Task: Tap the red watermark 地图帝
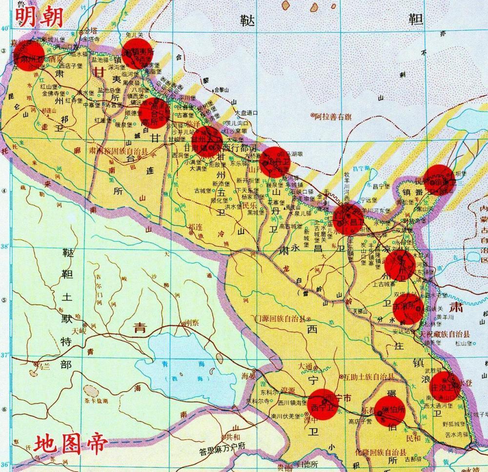click(71, 444)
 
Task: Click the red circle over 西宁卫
click(323, 404)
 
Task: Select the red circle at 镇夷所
click(137, 54)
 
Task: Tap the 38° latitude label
click(5, 247)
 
